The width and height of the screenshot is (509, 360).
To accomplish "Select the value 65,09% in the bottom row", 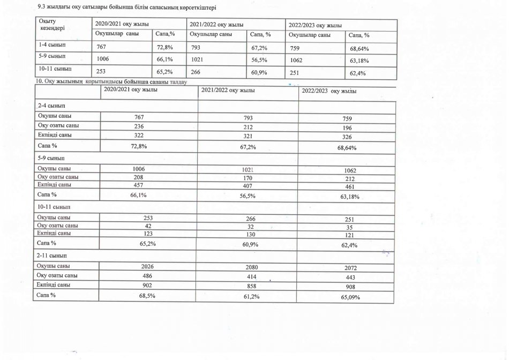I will [x=349, y=297].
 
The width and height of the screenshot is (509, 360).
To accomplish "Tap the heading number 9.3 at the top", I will [x=36, y=6].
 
